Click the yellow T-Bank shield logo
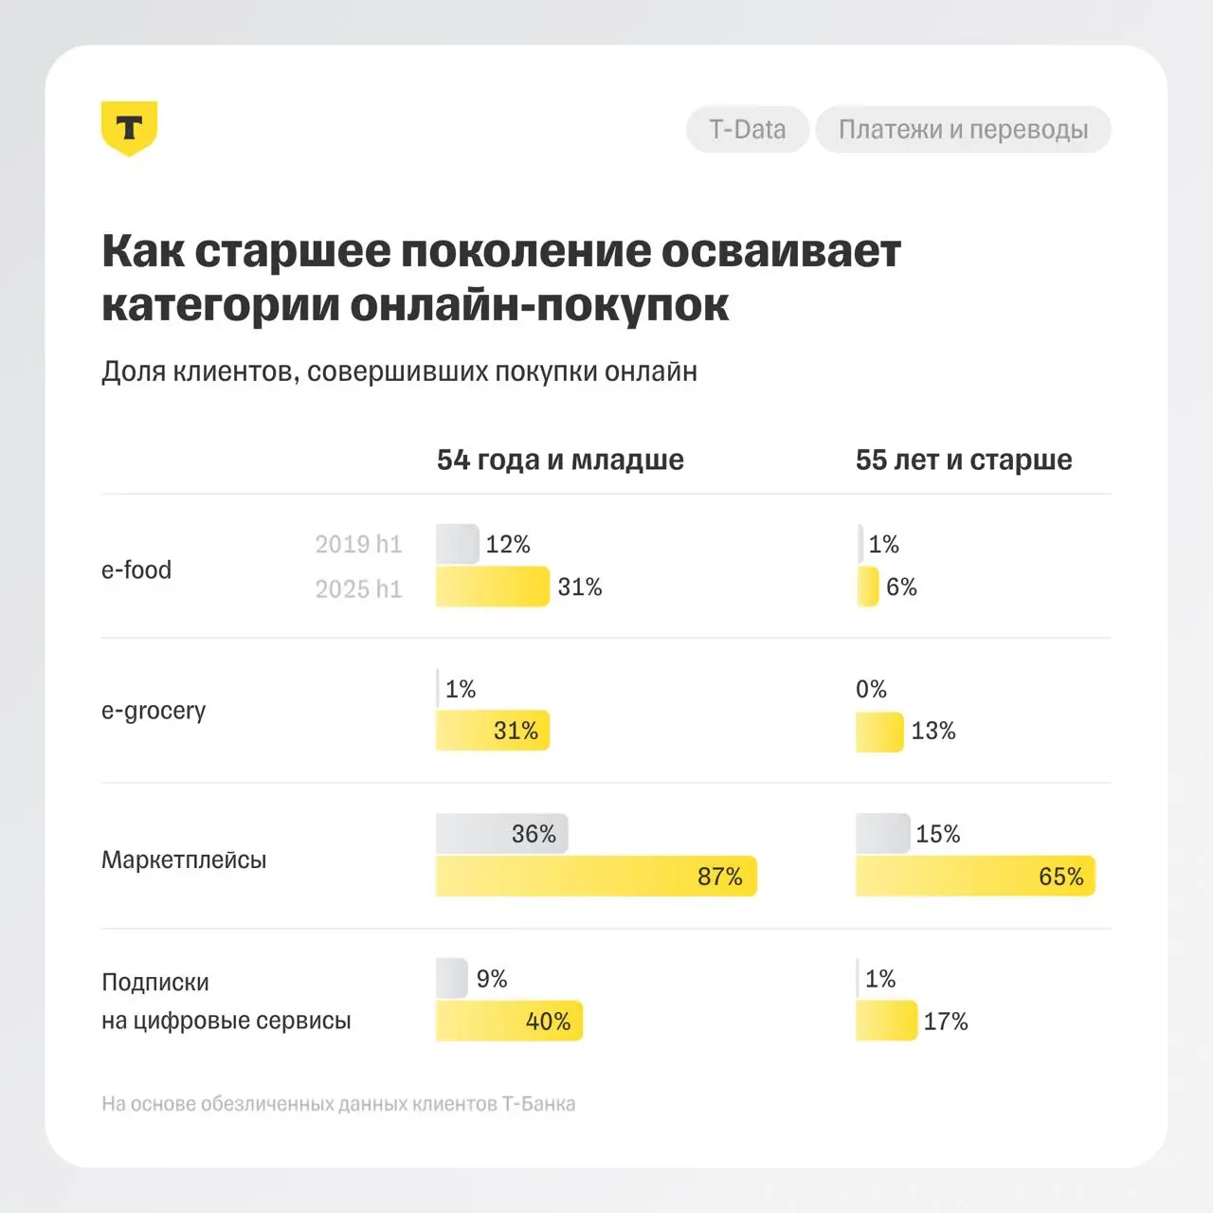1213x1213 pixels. (129, 128)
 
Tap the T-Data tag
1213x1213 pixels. (747, 129)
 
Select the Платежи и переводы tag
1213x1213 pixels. (963, 129)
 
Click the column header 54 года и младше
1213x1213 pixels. (560, 460)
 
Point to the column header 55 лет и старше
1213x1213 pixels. (964, 460)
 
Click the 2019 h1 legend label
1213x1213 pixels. (358, 544)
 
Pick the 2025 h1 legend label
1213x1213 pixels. (358, 588)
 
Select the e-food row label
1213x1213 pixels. (136, 570)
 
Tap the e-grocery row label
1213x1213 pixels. (154, 711)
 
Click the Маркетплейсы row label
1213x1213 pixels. (184, 860)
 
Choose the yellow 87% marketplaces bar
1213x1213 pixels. (595, 877)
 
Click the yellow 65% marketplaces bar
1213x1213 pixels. (974, 877)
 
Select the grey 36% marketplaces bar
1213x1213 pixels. (501, 834)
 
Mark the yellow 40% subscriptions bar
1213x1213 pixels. (509, 1022)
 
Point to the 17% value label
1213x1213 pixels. (946, 1022)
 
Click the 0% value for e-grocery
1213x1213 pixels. (871, 689)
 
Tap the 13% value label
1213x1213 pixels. (933, 731)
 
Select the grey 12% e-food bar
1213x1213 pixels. (457, 544)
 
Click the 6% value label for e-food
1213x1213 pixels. (901, 587)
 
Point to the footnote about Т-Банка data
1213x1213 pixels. (338, 1104)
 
